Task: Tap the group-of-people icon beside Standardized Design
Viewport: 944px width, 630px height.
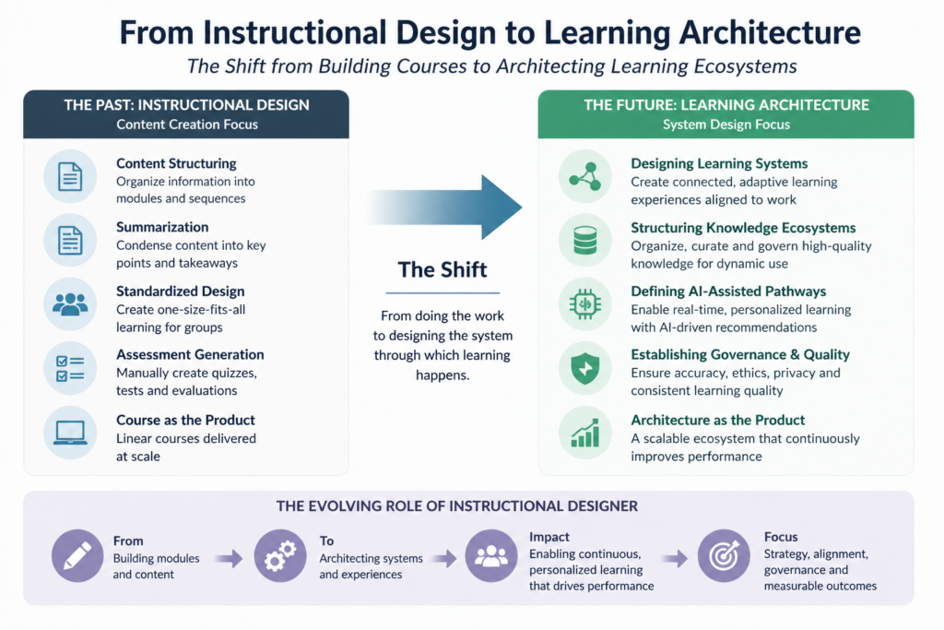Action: point(70,304)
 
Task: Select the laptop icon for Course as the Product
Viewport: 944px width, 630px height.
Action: point(70,432)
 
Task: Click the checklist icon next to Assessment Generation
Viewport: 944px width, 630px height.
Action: point(70,368)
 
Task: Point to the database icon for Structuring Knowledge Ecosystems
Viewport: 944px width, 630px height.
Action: point(585,240)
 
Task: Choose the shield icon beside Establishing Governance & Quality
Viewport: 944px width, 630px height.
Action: point(585,368)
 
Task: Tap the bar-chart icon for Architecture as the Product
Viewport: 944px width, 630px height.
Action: point(585,432)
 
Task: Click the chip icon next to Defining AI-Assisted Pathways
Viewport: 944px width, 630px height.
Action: point(585,304)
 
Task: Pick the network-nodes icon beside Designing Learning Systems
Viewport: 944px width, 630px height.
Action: point(585,176)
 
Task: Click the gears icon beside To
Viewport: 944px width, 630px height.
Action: point(280,555)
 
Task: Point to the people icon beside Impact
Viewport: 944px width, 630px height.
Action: point(490,555)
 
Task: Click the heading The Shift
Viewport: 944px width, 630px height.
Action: point(442,269)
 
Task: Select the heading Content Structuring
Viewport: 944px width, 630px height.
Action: point(176,163)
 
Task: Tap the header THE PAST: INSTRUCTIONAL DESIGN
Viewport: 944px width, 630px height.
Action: point(186,104)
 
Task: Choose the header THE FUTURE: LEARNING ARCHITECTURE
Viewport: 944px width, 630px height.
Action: point(726,104)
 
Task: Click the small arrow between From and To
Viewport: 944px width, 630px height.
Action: point(229,558)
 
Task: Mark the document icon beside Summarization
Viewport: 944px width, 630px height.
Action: point(70,240)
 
